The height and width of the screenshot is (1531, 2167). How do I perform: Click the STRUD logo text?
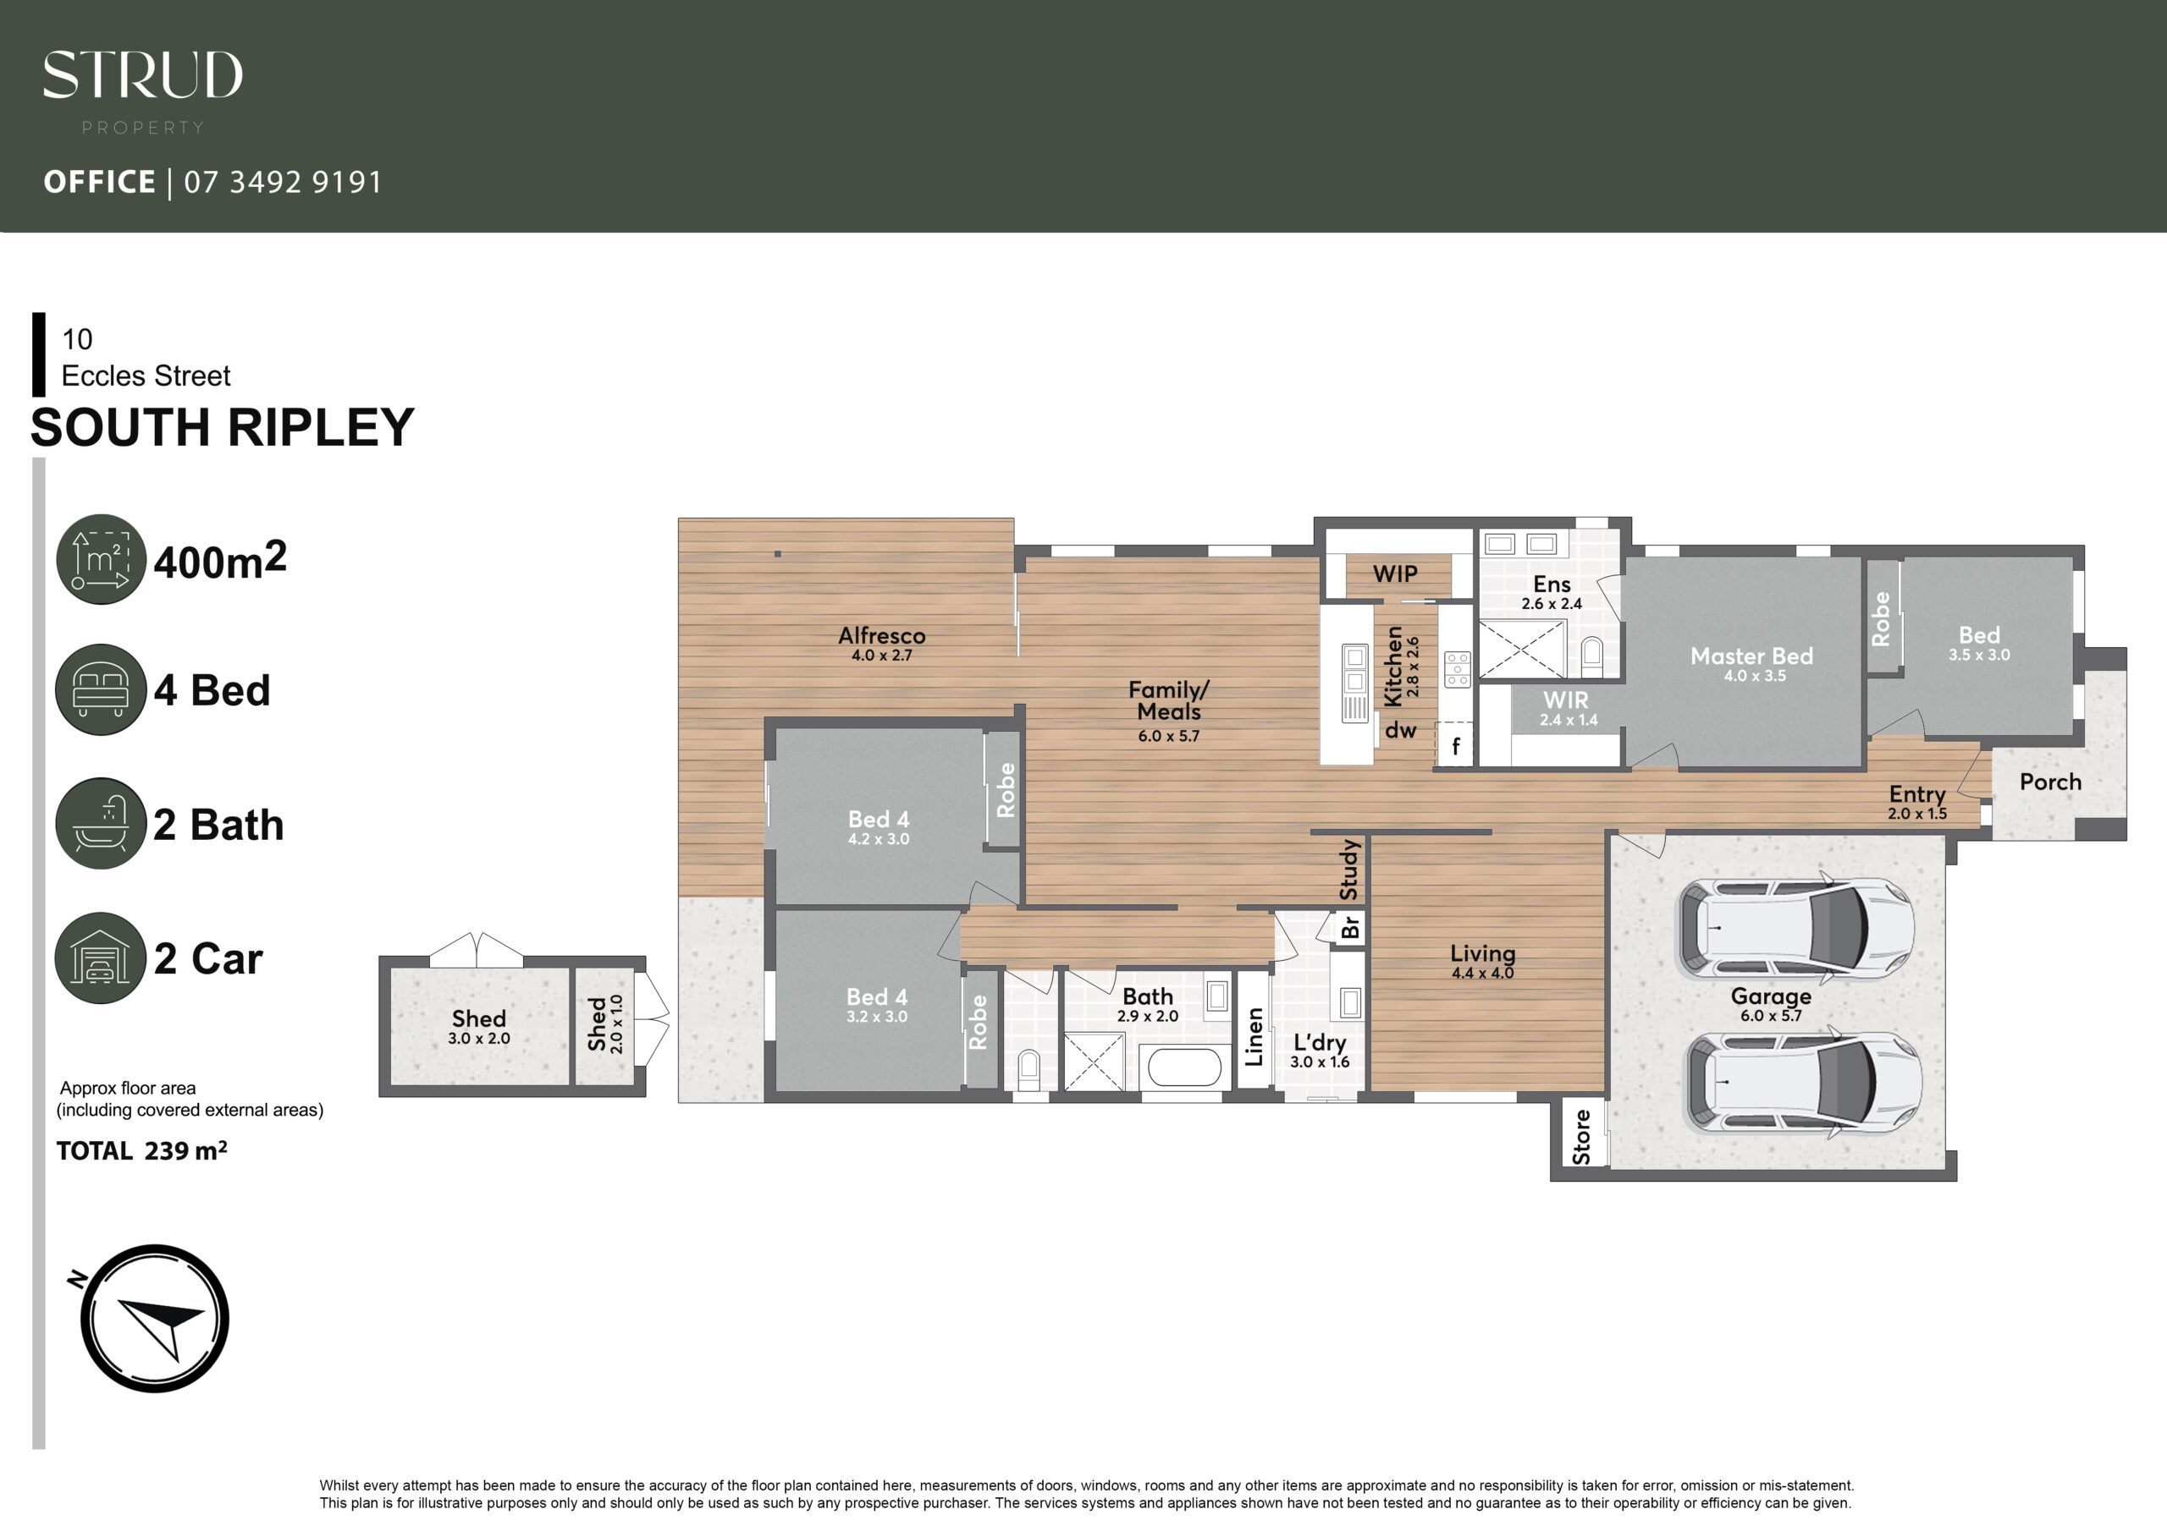pyautogui.click(x=142, y=74)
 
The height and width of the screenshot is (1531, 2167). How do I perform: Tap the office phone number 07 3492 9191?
pyautogui.click(x=283, y=182)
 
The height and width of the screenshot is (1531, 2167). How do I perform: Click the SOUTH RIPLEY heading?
pyautogui.click(x=223, y=427)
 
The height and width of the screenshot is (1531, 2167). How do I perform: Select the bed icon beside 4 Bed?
pyautogui.click(x=101, y=689)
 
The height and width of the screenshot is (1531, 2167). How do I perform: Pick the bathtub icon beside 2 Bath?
pyautogui.click(x=101, y=824)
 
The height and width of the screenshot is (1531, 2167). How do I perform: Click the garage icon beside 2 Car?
pyautogui.click(x=101, y=958)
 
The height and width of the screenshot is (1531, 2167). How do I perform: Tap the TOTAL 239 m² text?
pyautogui.click(x=141, y=1151)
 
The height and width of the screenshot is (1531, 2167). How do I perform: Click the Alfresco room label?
pyautogui.click(x=881, y=636)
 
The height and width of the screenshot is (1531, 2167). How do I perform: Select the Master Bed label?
pyautogui.click(x=1751, y=656)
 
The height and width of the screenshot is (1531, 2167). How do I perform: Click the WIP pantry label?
pyautogui.click(x=1395, y=573)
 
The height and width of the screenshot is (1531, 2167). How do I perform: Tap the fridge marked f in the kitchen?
pyautogui.click(x=1454, y=746)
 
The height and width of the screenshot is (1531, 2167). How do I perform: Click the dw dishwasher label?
pyautogui.click(x=1401, y=730)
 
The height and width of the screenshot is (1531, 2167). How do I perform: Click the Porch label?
pyautogui.click(x=2050, y=782)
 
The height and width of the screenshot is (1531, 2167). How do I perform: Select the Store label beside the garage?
pyautogui.click(x=1582, y=1137)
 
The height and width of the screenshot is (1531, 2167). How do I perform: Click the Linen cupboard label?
pyautogui.click(x=1254, y=1037)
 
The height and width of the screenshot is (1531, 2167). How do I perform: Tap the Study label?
pyautogui.click(x=1349, y=870)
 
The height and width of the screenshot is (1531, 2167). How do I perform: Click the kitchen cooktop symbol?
pyautogui.click(x=1458, y=669)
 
